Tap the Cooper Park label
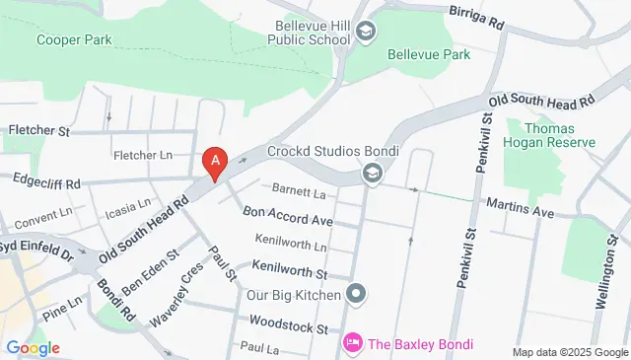coord(75,40)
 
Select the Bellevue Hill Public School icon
coord(367,33)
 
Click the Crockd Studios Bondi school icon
coord(373,176)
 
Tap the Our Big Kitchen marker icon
coord(357,294)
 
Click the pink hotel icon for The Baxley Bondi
coord(352,344)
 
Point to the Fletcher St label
coord(40,130)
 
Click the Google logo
coord(33,347)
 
